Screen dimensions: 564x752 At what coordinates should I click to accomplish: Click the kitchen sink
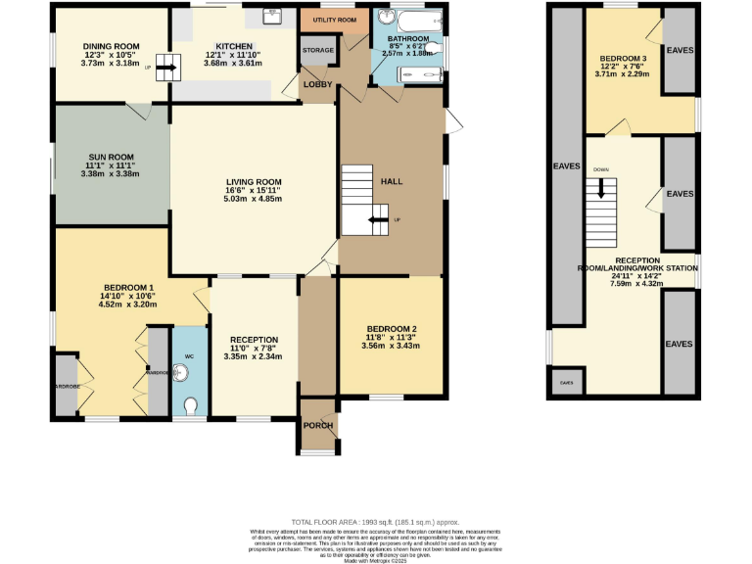[272, 17]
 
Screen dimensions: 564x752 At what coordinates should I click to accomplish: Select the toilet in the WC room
[190, 404]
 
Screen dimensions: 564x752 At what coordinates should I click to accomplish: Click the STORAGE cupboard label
[318, 49]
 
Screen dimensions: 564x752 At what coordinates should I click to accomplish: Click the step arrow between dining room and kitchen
[164, 70]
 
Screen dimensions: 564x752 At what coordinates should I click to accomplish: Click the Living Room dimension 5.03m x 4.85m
[254, 199]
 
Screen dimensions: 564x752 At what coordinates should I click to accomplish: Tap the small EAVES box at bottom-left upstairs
[567, 382]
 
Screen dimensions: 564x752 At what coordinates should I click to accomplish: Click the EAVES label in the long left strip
[567, 166]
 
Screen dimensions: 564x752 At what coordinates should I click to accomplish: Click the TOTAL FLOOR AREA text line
[375, 522]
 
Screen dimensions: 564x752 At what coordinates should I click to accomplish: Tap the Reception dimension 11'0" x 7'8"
[254, 349]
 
